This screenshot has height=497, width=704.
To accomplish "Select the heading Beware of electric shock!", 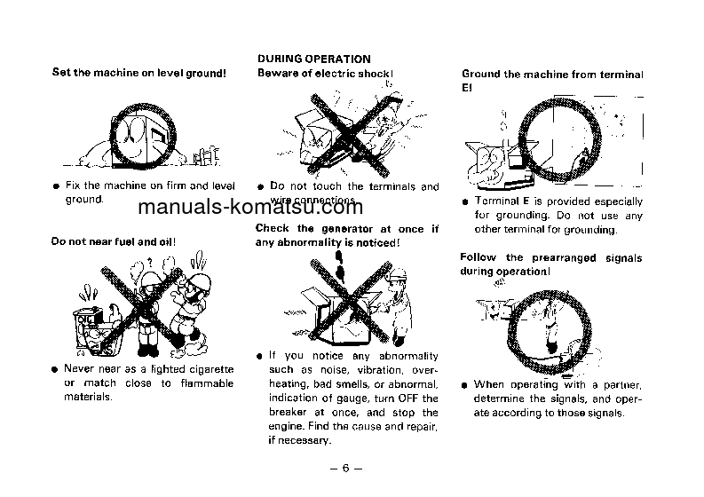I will pyautogui.click(x=325, y=73).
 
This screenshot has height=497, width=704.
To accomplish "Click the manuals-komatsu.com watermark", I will pyautogui.click(x=250, y=208).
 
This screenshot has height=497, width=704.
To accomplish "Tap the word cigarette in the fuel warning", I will pyautogui.click(x=207, y=368).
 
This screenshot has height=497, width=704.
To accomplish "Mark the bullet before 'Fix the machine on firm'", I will pyautogui.click(x=55, y=187).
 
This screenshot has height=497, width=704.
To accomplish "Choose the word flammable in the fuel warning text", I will pyautogui.click(x=204, y=383).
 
